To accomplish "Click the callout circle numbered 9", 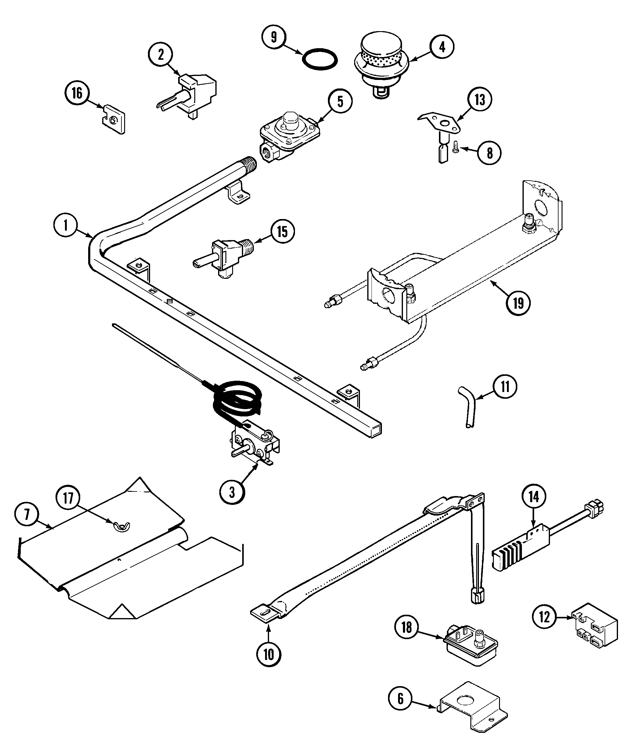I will coord(274,37).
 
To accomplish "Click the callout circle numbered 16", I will coord(77,93).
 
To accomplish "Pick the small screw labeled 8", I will coord(456,147).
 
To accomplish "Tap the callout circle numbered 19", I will coord(518,303).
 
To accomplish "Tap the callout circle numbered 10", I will coord(269,654).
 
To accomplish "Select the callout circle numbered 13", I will coord(480,99).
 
